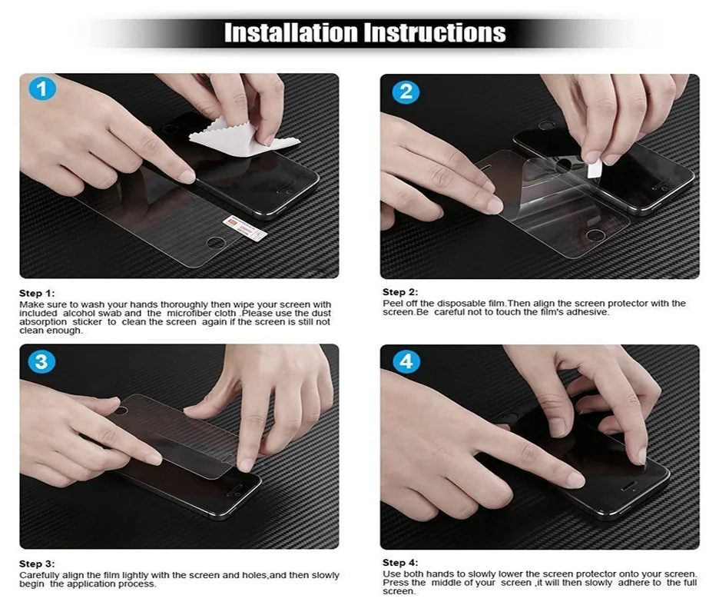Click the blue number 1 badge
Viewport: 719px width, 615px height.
click(x=42, y=89)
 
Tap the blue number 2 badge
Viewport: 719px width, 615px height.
click(x=406, y=91)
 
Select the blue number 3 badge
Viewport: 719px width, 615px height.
click(x=41, y=361)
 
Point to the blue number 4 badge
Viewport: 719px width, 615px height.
click(x=406, y=361)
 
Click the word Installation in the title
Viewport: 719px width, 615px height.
click(x=290, y=32)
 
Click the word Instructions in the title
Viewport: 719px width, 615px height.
click(x=435, y=32)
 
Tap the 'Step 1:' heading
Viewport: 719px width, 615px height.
click(x=37, y=293)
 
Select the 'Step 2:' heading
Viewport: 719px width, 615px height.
click(x=400, y=292)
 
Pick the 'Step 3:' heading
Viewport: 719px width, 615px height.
click(x=37, y=563)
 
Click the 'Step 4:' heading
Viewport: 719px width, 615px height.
click(x=400, y=563)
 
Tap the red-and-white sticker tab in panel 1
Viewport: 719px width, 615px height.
click(x=245, y=228)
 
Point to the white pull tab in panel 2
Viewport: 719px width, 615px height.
click(x=595, y=169)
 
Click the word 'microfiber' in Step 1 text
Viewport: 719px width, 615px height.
click(x=189, y=313)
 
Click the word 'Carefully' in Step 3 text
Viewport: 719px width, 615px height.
click(x=39, y=575)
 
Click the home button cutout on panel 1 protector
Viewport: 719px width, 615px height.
click(x=216, y=242)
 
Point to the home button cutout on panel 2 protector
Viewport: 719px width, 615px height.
click(x=595, y=236)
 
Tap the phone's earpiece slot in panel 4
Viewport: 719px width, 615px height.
click(x=628, y=484)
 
